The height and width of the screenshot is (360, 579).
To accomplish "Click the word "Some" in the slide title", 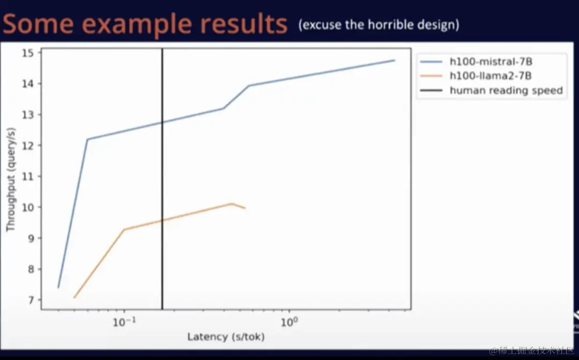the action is (x=38, y=24).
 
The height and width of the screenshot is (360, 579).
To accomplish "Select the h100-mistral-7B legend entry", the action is (x=477, y=62).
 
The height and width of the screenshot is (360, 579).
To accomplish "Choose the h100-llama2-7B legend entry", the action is (x=476, y=76).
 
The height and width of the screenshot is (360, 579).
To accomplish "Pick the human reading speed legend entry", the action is (x=492, y=91).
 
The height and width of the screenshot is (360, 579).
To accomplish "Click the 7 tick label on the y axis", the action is (x=30, y=300).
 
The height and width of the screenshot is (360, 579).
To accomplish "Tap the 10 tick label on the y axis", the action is (x=28, y=207).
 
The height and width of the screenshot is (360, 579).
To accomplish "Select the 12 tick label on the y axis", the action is (x=28, y=146).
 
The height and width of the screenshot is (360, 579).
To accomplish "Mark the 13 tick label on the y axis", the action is (x=28, y=115).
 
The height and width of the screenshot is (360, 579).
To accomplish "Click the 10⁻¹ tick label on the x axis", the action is (x=124, y=322).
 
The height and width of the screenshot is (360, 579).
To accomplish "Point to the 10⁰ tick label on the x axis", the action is (x=289, y=322).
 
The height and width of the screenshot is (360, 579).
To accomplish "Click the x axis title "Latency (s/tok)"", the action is (x=226, y=337).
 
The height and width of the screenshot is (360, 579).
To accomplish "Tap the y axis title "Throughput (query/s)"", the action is (x=11, y=179).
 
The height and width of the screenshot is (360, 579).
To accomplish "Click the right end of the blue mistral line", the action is (x=395, y=60).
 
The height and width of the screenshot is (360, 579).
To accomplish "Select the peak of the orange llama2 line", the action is (x=232, y=203).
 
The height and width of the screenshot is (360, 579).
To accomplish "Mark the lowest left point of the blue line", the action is (x=58, y=287).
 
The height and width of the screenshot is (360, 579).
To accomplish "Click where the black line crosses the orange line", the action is (x=162, y=220).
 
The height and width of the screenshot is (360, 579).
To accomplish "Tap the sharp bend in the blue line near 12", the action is (x=87, y=139).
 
